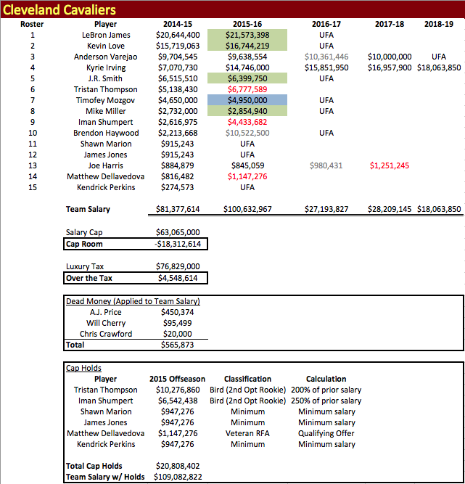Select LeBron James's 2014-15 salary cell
tap(177, 34)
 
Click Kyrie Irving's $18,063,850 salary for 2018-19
tap(439, 67)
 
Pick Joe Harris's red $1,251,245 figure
tap(390, 165)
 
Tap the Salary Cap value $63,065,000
tap(177, 232)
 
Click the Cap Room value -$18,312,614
tap(177, 244)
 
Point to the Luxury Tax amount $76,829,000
tap(177, 266)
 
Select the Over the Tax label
tap(90, 277)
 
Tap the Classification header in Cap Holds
tap(247, 379)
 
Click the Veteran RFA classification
tap(247, 433)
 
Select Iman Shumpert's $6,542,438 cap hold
tap(177, 401)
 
